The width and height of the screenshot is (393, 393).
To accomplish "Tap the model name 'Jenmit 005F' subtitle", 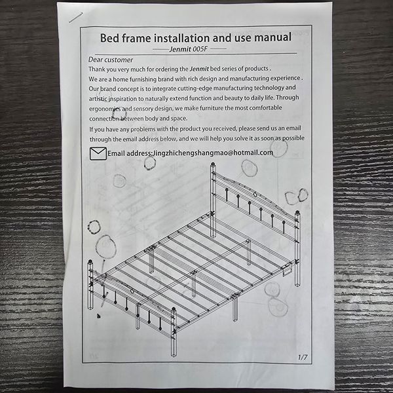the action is [x=189, y=49].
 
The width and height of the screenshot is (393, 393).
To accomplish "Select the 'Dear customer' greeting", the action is [x=111, y=60].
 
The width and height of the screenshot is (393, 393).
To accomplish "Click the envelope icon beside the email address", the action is [x=98, y=153].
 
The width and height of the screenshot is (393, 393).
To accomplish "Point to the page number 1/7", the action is [x=303, y=357].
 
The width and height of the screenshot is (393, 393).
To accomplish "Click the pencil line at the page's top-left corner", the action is [x=76, y=18].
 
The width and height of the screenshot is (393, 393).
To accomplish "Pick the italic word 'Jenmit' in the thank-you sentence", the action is [x=199, y=69].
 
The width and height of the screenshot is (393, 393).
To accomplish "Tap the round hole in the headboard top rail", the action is [x=255, y=195].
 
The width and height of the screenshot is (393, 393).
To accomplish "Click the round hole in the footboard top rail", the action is [x=132, y=291].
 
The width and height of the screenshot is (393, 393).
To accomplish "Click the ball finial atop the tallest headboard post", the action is [x=213, y=164].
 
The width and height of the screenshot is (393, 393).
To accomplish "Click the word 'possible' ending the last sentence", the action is [x=293, y=138].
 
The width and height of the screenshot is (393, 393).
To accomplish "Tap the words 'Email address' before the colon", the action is [x=129, y=153].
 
